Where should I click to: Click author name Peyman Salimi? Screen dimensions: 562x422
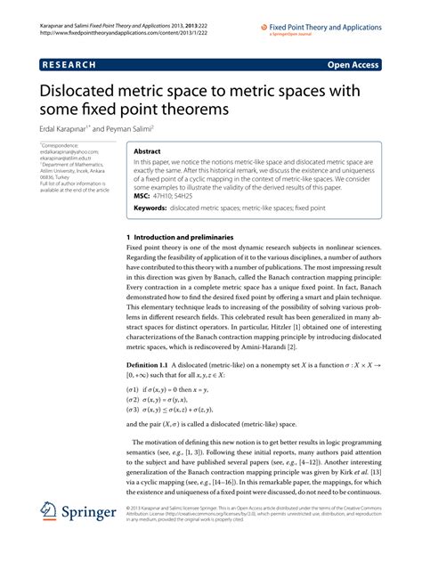[134, 128]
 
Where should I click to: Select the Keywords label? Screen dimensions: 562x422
[153, 208]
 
